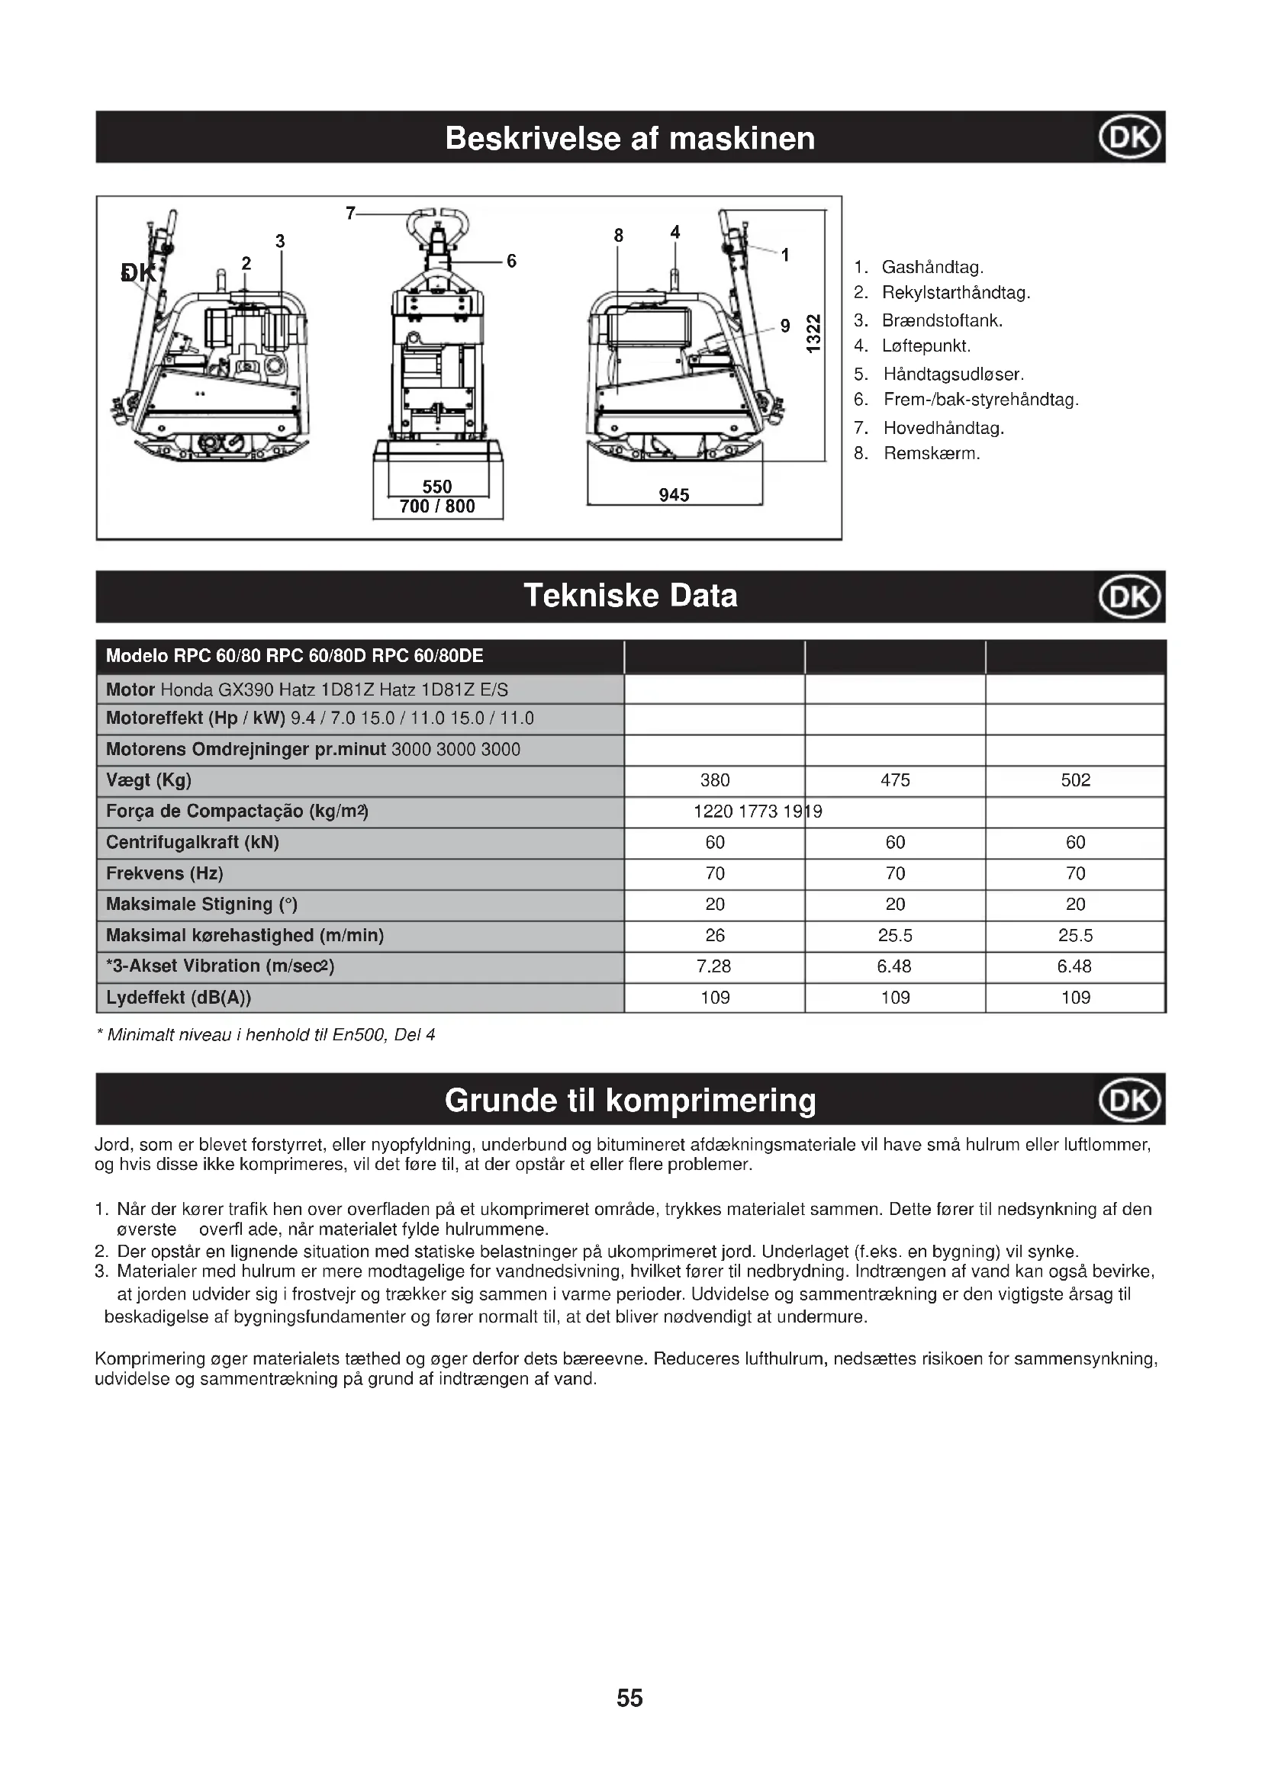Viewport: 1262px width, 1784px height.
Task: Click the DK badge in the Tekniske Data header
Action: [1129, 596]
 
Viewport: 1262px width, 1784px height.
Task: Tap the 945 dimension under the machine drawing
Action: [674, 495]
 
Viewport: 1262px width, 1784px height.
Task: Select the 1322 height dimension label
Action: [813, 333]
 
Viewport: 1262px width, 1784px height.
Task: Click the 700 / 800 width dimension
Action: [436, 506]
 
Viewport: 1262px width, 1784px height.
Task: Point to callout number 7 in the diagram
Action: [350, 212]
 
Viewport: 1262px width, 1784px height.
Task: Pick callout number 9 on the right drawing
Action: [785, 326]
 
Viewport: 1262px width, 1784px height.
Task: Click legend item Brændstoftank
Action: [942, 320]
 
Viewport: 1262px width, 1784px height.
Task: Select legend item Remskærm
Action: [931, 453]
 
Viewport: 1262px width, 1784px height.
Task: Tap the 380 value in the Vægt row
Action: [715, 780]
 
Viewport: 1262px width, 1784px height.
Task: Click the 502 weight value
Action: [1076, 780]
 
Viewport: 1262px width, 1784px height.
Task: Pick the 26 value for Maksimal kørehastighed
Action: [715, 936]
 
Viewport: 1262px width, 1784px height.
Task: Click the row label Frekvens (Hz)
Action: [165, 873]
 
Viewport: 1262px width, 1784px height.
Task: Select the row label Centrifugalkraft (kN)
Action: [193, 842]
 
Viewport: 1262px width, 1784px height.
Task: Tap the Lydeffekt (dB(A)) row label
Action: [179, 997]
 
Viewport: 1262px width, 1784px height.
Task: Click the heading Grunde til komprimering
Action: [630, 1101]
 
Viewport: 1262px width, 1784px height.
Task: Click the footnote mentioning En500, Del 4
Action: [266, 1035]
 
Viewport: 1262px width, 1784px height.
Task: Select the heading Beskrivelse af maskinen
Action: [630, 138]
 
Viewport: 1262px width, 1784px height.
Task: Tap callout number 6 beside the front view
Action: [511, 261]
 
